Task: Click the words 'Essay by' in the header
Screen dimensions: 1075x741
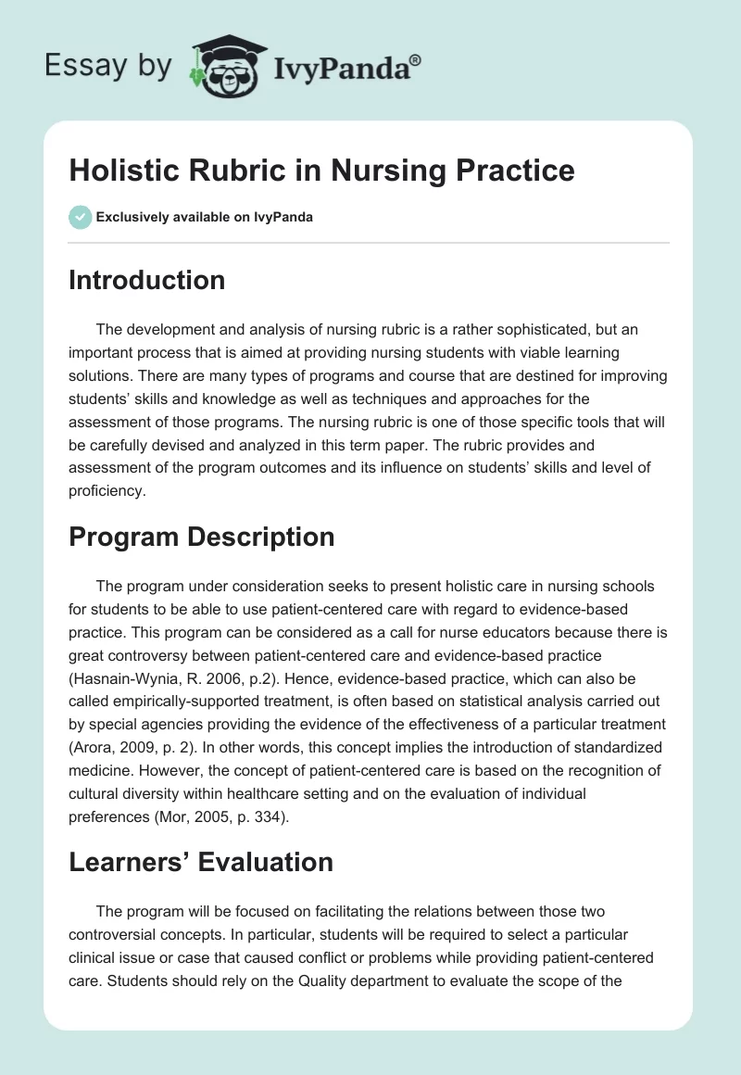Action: coord(108,66)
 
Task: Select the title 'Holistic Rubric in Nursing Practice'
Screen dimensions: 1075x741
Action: coord(321,171)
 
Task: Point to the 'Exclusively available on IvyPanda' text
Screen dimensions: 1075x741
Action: coord(204,217)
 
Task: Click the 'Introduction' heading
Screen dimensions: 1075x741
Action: coord(146,280)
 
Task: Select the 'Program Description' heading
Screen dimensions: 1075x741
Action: coord(201,537)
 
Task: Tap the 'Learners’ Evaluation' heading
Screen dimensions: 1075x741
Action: coord(200,862)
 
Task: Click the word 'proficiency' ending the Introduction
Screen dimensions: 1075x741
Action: coord(106,492)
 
